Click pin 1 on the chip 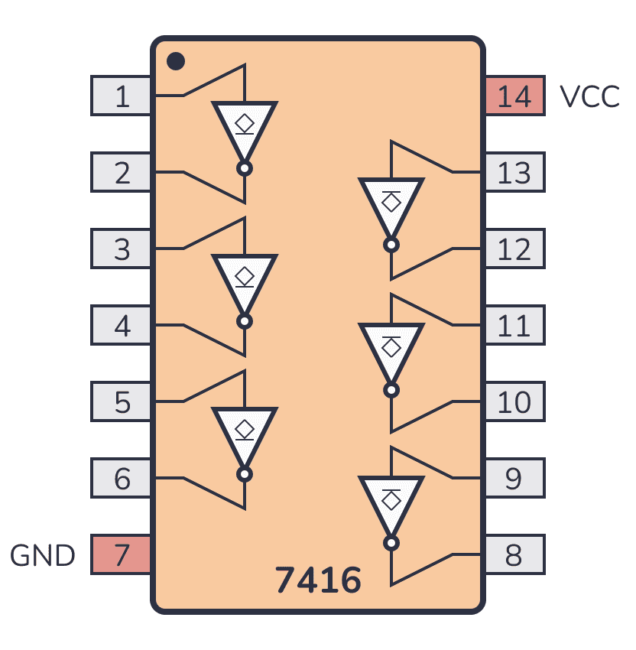coord(121,96)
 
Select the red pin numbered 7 coord(121,554)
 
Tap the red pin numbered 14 coord(515,96)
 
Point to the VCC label coord(589,96)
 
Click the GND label coord(42,555)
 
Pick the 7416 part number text coord(318,580)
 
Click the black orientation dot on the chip coord(176,61)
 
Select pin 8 coord(515,554)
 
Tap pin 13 coord(515,172)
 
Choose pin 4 coord(121,325)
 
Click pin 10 coord(515,401)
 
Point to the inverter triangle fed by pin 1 coord(245,128)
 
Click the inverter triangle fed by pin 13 coord(391,204)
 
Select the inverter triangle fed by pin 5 coord(245,434)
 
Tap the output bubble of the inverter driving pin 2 coord(245,169)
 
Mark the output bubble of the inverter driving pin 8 coord(391,543)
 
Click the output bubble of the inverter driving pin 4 coord(245,321)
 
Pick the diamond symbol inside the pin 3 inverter coord(245,275)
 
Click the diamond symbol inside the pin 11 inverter coord(391,347)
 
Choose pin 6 coord(121,478)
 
